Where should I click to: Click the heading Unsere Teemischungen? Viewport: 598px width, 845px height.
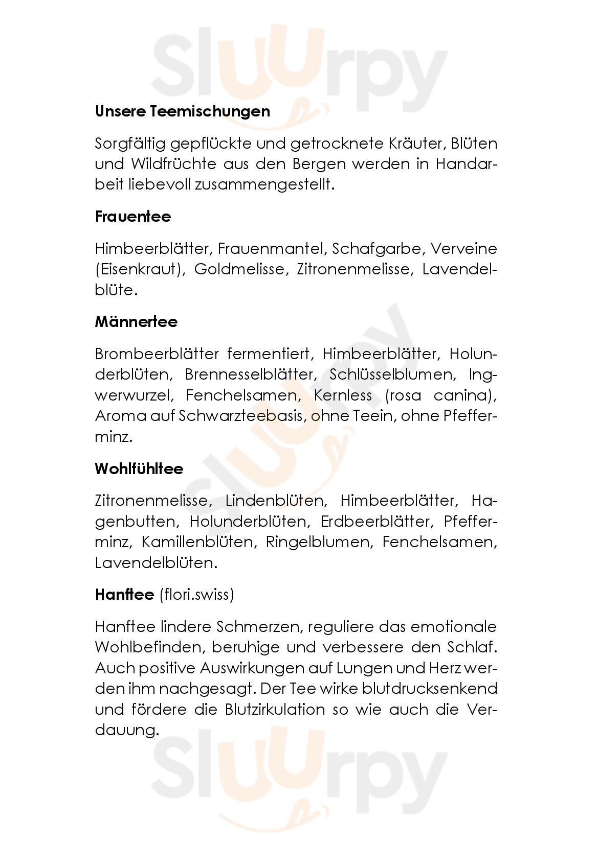click(x=182, y=111)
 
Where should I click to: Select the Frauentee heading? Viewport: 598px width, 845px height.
click(x=132, y=217)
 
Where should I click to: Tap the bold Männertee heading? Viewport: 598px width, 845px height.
click(x=136, y=322)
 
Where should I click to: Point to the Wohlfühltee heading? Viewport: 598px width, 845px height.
click(x=139, y=469)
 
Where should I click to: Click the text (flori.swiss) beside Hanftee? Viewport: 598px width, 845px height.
click(x=196, y=595)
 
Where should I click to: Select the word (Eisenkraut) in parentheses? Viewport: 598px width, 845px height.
click(x=138, y=269)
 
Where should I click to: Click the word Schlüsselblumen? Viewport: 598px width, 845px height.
click(x=391, y=374)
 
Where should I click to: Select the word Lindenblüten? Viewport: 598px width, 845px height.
click(x=275, y=501)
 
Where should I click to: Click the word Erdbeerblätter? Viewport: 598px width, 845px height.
click(x=375, y=522)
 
